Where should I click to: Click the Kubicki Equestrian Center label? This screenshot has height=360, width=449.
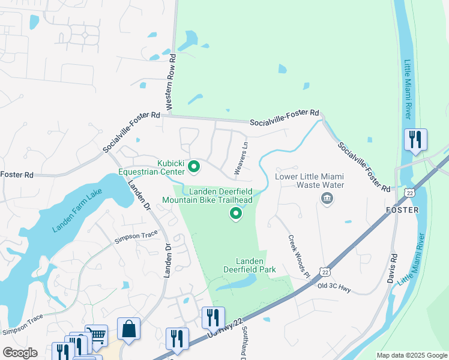click(x=170, y=167)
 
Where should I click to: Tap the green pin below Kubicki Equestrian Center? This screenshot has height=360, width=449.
click(x=194, y=167)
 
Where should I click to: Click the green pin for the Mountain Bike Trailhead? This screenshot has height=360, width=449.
click(x=236, y=213)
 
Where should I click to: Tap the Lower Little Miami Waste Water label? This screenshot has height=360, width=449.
click(x=310, y=181)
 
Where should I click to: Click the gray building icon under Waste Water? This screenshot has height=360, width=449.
click(x=327, y=199)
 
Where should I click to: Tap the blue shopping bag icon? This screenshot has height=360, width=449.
click(x=128, y=329)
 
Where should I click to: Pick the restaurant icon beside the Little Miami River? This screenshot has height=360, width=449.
click(x=415, y=140)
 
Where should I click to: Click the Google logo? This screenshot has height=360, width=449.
click(x=20, y=353)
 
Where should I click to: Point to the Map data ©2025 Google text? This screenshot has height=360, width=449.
click(x=412, y=355)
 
